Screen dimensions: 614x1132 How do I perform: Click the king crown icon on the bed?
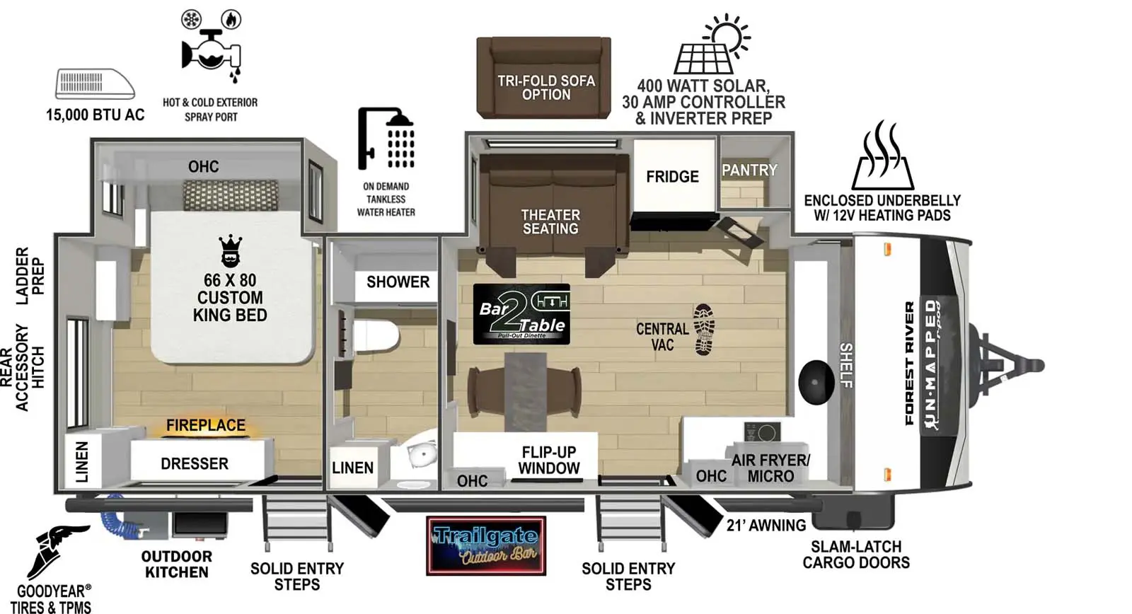(x=230, y=251)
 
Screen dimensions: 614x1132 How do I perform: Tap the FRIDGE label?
(x=671, y=176)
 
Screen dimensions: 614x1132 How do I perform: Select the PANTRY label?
(x=749, y=170)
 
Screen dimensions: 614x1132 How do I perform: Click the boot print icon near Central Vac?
(x=704, y=329)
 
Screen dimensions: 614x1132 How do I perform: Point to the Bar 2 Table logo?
(x=521, y=314)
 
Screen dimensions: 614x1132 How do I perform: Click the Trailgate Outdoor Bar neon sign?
(x=485, y=545)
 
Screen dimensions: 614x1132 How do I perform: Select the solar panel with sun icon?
(x=712, y=45)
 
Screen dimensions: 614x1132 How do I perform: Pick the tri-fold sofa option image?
(x=543, y=78)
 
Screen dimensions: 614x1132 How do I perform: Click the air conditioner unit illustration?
(x=95, y=84)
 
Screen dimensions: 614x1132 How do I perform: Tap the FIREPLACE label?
(x=205, y=425)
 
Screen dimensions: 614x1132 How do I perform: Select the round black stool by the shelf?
(x=816, y=381)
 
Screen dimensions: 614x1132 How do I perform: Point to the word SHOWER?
(x=398, y=282)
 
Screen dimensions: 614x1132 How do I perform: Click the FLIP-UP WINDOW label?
(x=548, y=460)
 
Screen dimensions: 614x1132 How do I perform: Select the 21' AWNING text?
(x=766, y=525)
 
